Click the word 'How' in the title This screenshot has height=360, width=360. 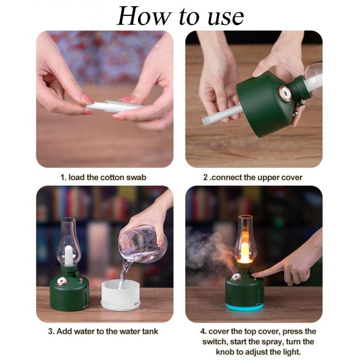(143, 16)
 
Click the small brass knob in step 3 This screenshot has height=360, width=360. (81, 280)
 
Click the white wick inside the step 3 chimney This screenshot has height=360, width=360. (69, 255)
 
